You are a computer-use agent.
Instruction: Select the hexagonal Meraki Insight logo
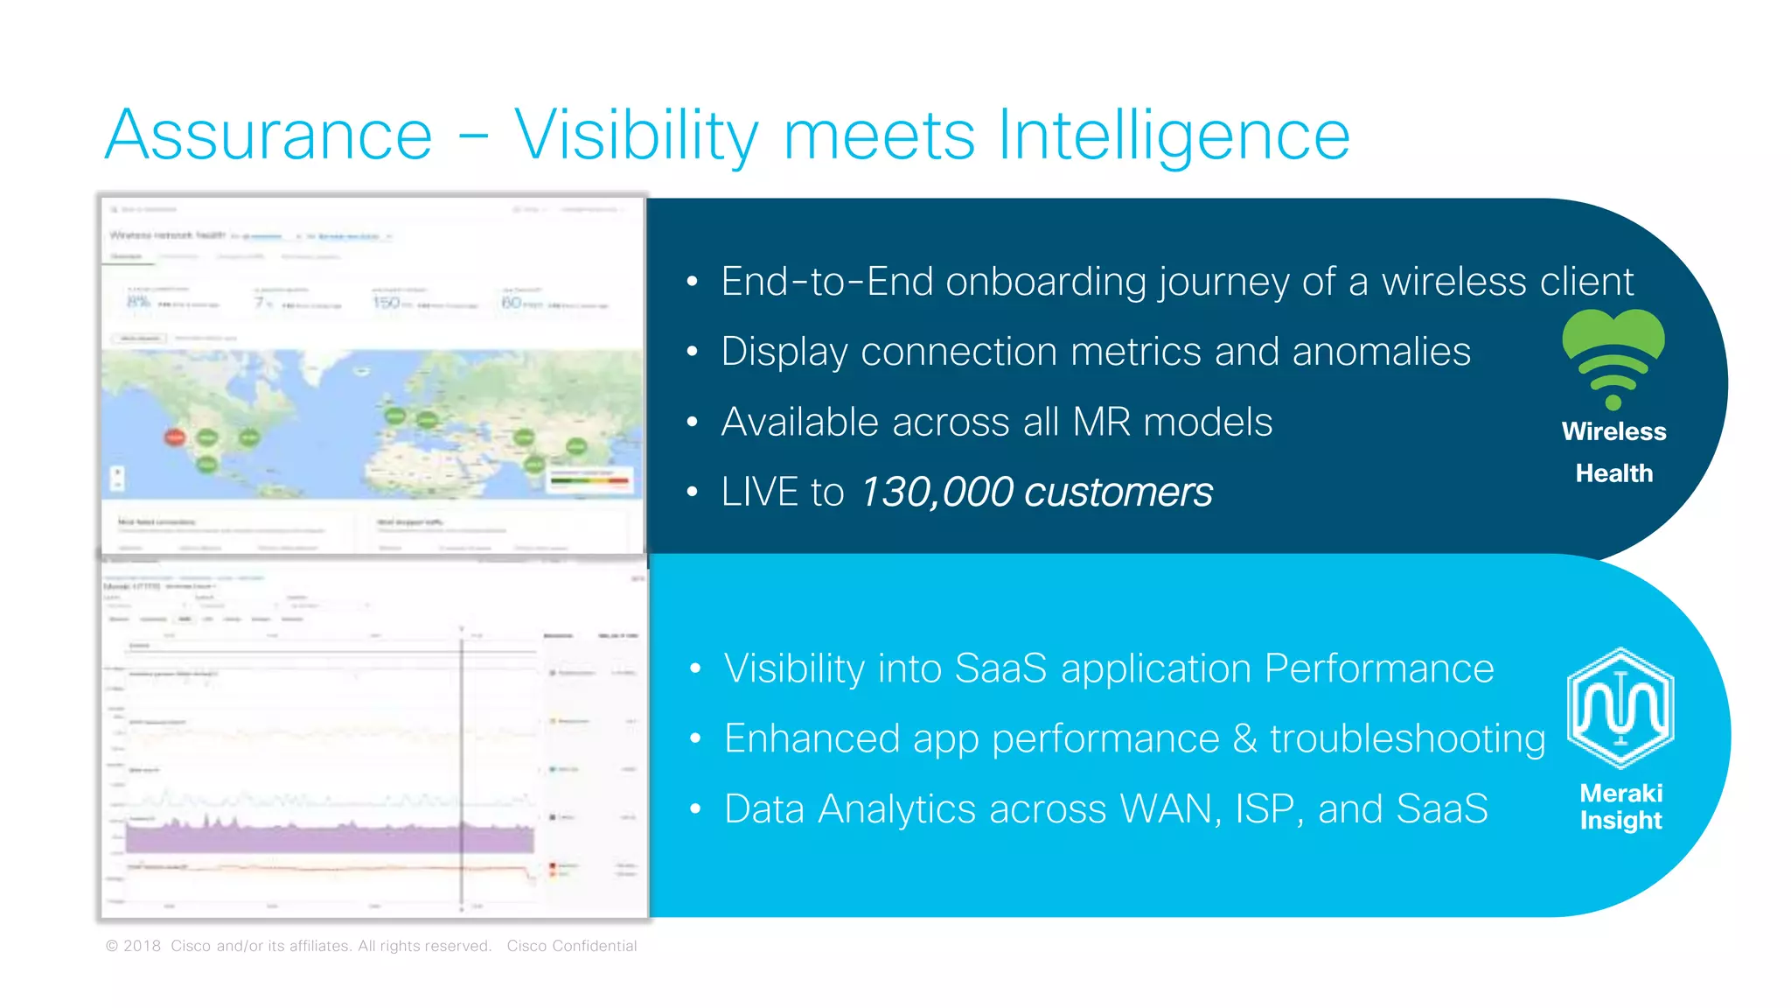[x=1620, y=708]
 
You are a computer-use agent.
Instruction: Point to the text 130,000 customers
[x=1036, y=492]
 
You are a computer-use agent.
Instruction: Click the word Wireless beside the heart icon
[x=1613, y=431]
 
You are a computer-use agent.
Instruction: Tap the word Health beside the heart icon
[x=1613, y=473]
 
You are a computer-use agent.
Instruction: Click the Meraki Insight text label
[x=1620, y=806]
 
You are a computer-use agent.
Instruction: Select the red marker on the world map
[x=175, y=436]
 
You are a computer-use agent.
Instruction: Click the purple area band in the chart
[x=332, y=838]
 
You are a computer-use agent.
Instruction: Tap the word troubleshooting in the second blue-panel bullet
[x=1407, y=738]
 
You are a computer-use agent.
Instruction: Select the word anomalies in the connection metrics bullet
[x=1381, y=352]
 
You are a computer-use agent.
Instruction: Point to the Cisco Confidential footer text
[x=572, y=946]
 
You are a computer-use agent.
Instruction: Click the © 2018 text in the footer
[x=134, y=946]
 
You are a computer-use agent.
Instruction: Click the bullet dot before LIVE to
[x=693, y=492]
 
